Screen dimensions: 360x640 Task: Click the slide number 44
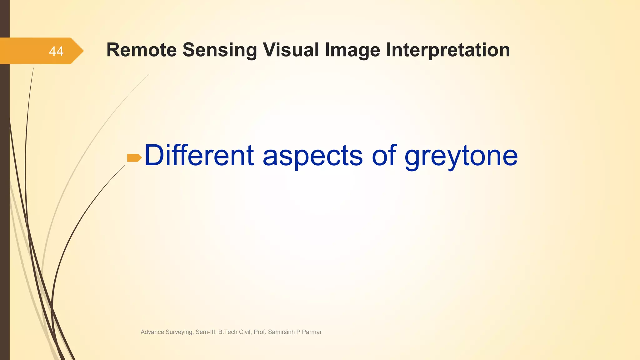56,51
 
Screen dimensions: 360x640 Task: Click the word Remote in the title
142,50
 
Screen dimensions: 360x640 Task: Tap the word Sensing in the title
219,50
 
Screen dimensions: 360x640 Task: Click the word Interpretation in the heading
448,50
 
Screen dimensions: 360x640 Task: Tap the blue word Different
199,155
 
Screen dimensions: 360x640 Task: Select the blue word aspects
312,155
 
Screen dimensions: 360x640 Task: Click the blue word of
384,155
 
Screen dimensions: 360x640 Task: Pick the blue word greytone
461,155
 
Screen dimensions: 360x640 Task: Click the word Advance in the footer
152,332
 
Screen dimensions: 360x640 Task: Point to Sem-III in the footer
206,332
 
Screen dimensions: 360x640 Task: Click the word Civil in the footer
245,332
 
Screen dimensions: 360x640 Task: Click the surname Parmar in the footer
312,332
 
